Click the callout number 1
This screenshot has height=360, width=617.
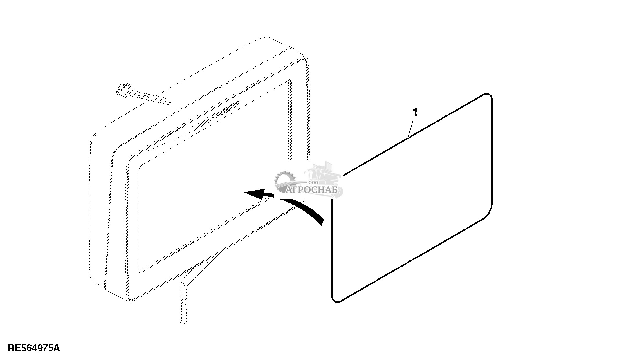(415, 112)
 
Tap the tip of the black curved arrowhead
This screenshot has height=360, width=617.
(246, 193)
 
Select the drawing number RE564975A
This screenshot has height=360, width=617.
(34, 348)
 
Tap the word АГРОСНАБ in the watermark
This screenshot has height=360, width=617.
(312, 190)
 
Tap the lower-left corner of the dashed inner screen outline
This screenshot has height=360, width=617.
(140, 272)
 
